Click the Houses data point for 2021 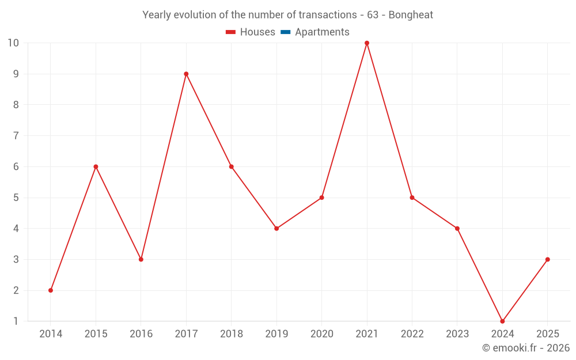click(x=367, y=43)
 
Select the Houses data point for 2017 click(x=186, y=74)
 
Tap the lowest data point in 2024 click(x=502, y=321)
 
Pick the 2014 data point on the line click(x=51, y=290)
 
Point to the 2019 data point click(x=276, y=229)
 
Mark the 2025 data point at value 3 click(x=547, y=259)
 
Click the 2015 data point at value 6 click(x=96, y=166)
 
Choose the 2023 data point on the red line click(x=457, y=229)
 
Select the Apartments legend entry click(x=322, y=32)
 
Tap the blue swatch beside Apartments click(x=285, y=32)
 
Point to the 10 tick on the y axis click(x=13, y=43)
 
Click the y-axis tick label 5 click(x=16, y=198)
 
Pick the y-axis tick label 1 click(x=16, y=321)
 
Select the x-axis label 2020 click(x=321, y=334)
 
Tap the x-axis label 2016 click(x=141, y=334)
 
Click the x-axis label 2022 click(x=412, y=334)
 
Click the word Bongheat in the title click(x=411, y=15)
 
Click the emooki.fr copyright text click(x=526, y=348)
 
